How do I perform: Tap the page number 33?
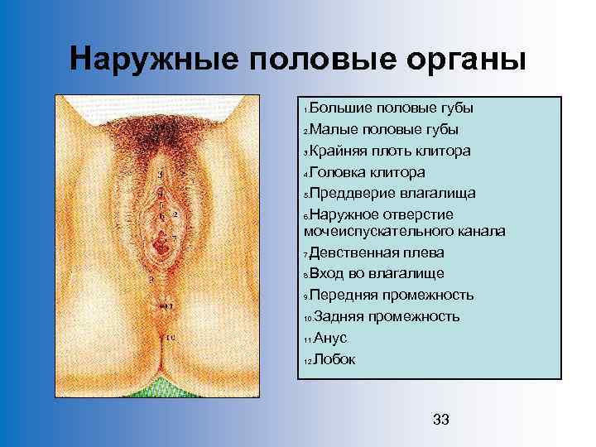pos(441,421)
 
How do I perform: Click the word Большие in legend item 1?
pos(341,108)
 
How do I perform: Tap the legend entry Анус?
pos(330,338)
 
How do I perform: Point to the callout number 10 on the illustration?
pos(171,338)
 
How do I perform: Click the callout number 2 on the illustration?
pos(176,214)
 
